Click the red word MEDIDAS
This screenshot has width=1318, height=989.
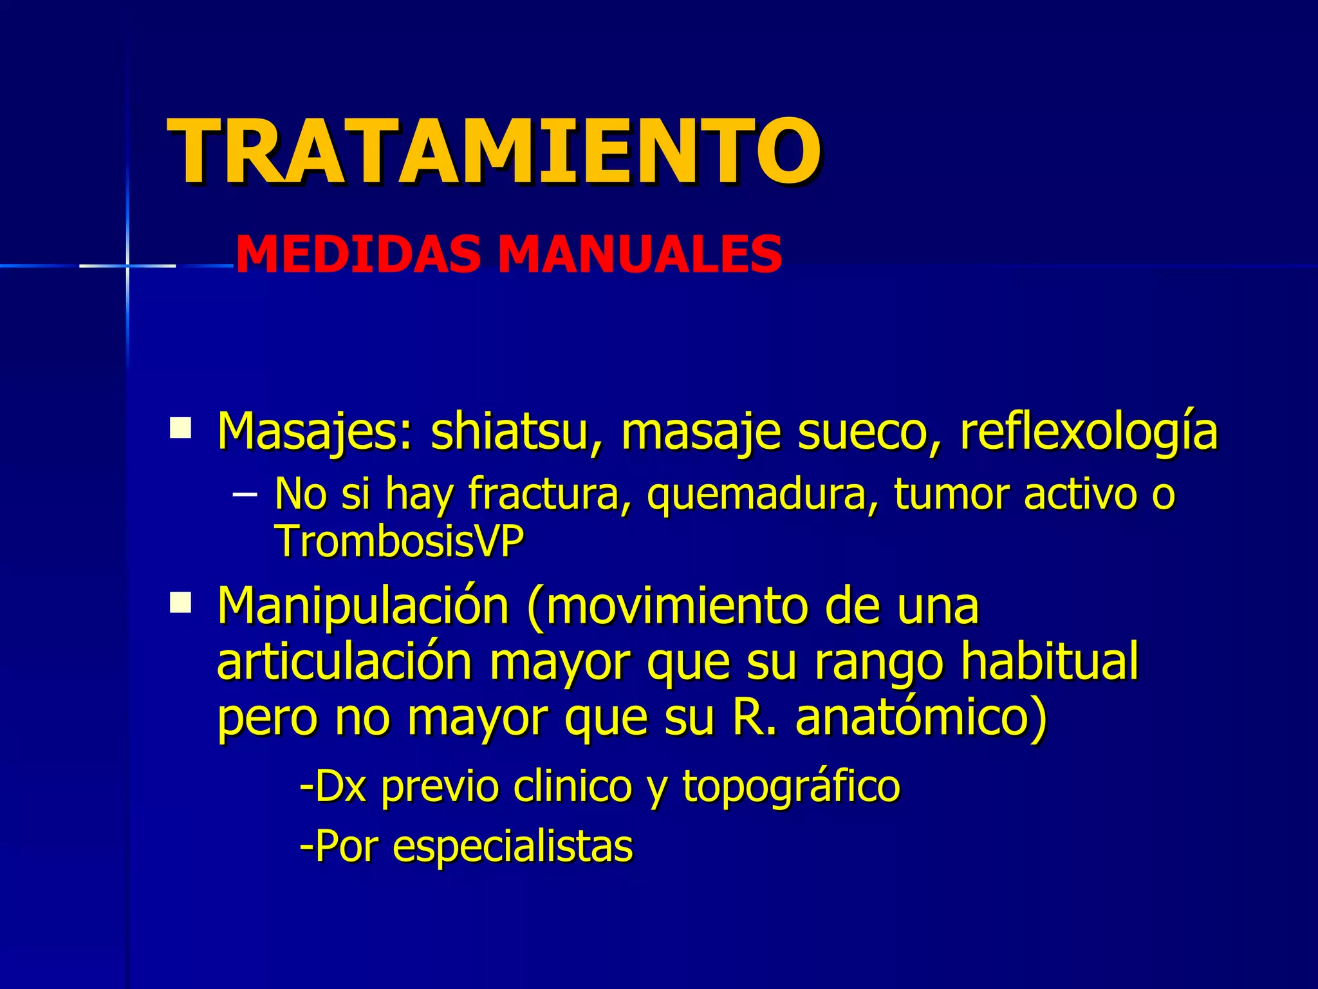click(358, 255)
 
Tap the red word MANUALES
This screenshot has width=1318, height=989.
click(640, 255)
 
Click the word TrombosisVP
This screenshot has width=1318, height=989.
click(399, 542)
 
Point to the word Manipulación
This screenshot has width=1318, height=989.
click(364, 607)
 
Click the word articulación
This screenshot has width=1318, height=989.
click(344, 662)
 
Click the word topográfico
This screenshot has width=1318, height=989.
click(791, 787)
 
